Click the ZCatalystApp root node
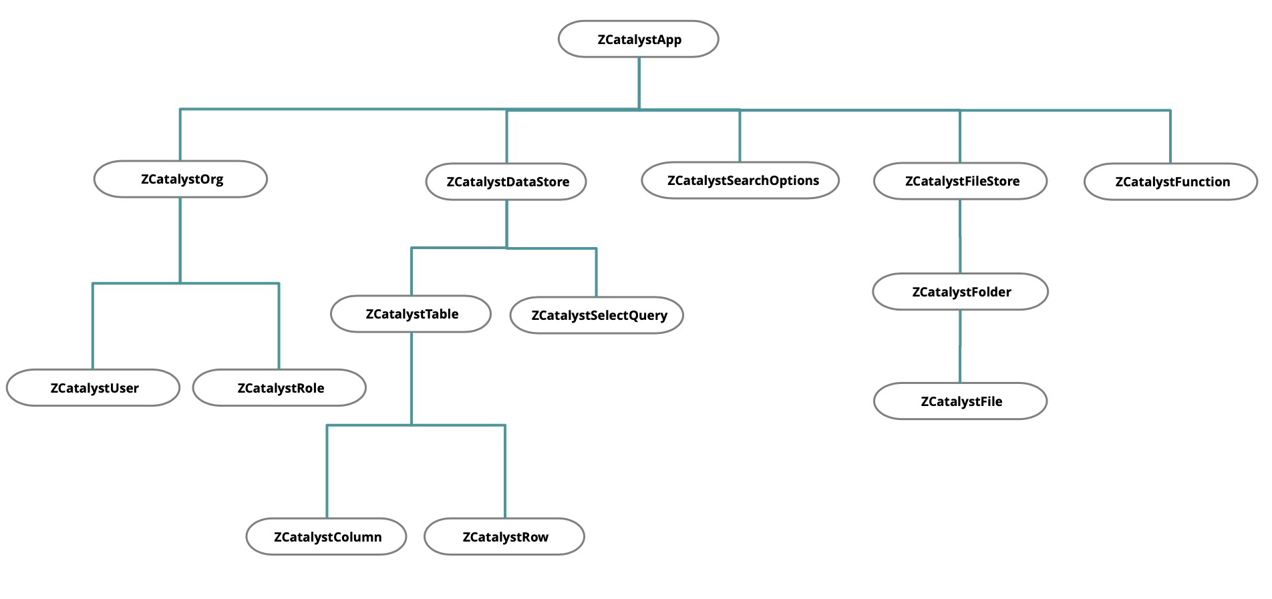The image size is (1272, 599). (638, 39)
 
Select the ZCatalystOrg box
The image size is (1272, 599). (180, 179)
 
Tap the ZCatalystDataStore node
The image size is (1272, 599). (506, 182)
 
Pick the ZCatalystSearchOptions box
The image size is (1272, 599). (740, 180)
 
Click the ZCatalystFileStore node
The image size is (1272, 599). (960, 181)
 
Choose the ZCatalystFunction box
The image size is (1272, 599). (1170, 182)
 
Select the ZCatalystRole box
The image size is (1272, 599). (279, 388)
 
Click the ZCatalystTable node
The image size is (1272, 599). (411, 314)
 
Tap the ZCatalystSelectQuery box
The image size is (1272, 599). (597, 315)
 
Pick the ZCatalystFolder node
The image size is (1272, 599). (960, 292)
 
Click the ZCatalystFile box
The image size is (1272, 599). (960, 401)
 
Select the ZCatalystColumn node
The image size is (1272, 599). (327, 537)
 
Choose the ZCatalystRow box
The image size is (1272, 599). (504, 537)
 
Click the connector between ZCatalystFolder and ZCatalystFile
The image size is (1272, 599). (960, 347)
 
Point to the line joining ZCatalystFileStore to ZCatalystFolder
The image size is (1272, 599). (960, 236)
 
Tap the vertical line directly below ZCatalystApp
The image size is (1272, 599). (639, 82)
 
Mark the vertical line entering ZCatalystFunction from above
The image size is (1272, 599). (1170, 137)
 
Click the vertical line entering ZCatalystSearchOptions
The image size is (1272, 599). (740, 136)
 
